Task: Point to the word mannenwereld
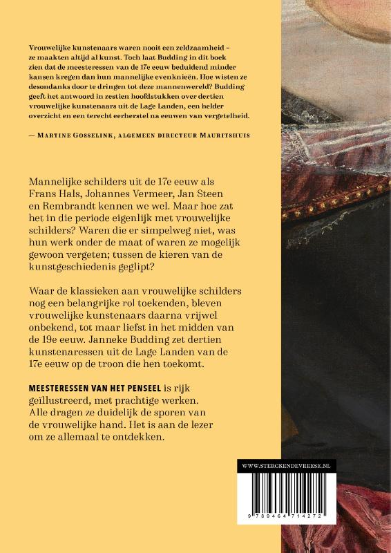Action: (x=184, y=86)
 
